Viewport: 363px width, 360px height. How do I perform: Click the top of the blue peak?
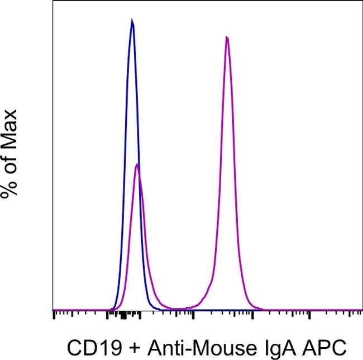[x=132, y=21]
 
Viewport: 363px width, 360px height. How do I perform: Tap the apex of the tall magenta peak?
[x=227, y=37]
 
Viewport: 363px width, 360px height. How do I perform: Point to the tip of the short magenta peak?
[x=137, y=164]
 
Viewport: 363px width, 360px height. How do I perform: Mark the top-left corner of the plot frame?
[x=53, y=1]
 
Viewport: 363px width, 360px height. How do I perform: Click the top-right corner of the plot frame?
[x=362, y=1]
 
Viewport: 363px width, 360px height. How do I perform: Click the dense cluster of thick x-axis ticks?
[x=124, y=316]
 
